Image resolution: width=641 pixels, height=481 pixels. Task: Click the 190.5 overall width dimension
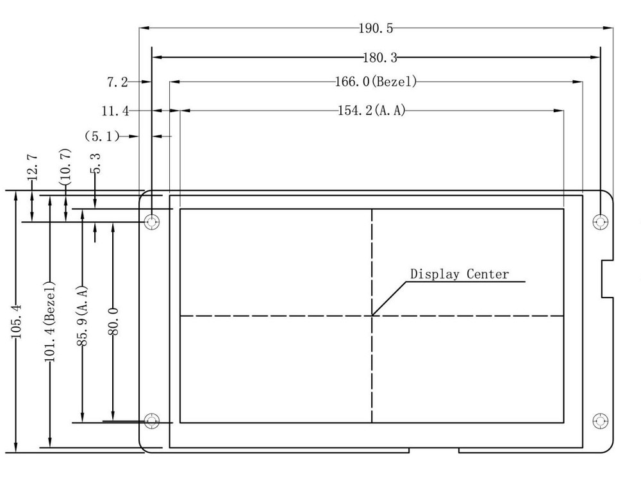click(376, 28)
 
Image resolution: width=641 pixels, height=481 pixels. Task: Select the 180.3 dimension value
click(380, 58)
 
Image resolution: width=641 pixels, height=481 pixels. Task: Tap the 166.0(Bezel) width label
click(376, 81)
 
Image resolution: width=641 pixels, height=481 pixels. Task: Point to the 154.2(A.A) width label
click(372, 110)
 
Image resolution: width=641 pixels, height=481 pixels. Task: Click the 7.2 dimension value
click(117, 82)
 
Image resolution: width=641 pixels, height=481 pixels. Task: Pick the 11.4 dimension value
click(115, 111)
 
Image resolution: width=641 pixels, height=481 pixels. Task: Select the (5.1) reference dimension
click(102, 136)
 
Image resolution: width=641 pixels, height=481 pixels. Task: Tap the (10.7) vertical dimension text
click(66, 167)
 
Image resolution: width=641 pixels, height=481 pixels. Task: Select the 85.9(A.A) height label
click(83, 315)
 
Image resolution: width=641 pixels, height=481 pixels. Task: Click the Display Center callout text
click(460, 274)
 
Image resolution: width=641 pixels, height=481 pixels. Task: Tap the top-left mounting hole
click(152, 222)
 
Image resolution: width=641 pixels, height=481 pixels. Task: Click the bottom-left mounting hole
click(152, 421)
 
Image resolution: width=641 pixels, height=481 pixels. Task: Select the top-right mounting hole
click(601, 222)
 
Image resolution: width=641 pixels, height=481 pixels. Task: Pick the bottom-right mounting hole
click(601, 421)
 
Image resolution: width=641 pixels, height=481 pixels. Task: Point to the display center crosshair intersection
click(372, 316)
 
